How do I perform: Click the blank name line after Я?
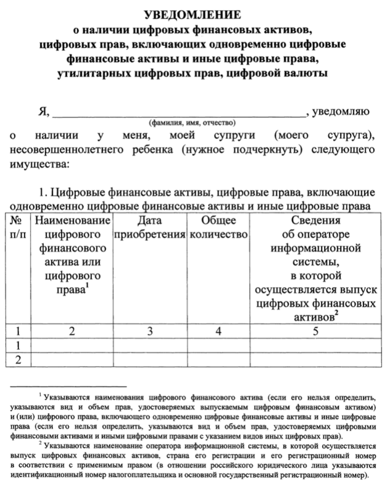(x=179, y=114)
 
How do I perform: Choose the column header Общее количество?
(x=218, y=227)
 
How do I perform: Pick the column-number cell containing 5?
(x=315, y=331)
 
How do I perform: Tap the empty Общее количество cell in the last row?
(x=218, y=359)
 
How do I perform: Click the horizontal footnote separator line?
(x=68, y=386)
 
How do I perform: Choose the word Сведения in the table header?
(x=315, y=220)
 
